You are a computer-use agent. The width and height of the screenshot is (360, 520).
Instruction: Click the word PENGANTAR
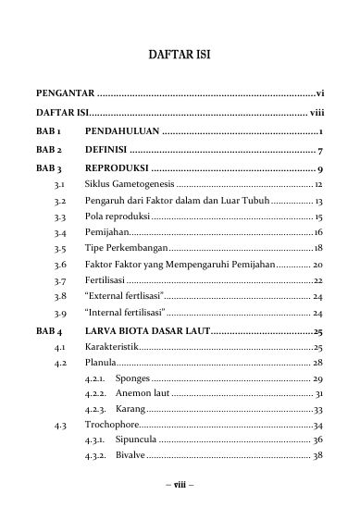click(65, 94)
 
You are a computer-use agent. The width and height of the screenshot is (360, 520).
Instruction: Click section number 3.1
click(59, 187)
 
